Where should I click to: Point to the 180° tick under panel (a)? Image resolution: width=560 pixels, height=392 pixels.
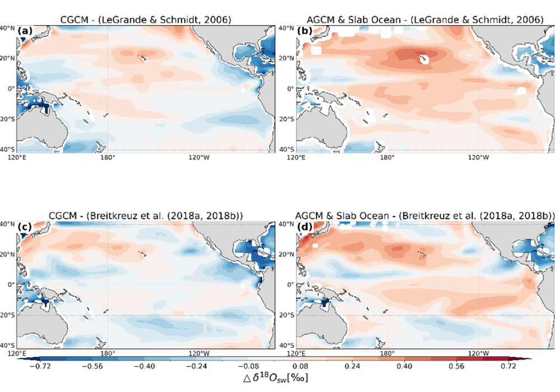pyautogui.click(x=108, y=157)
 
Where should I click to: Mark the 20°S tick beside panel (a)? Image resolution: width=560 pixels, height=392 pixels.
pyautogui.click(x=8, y=119)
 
